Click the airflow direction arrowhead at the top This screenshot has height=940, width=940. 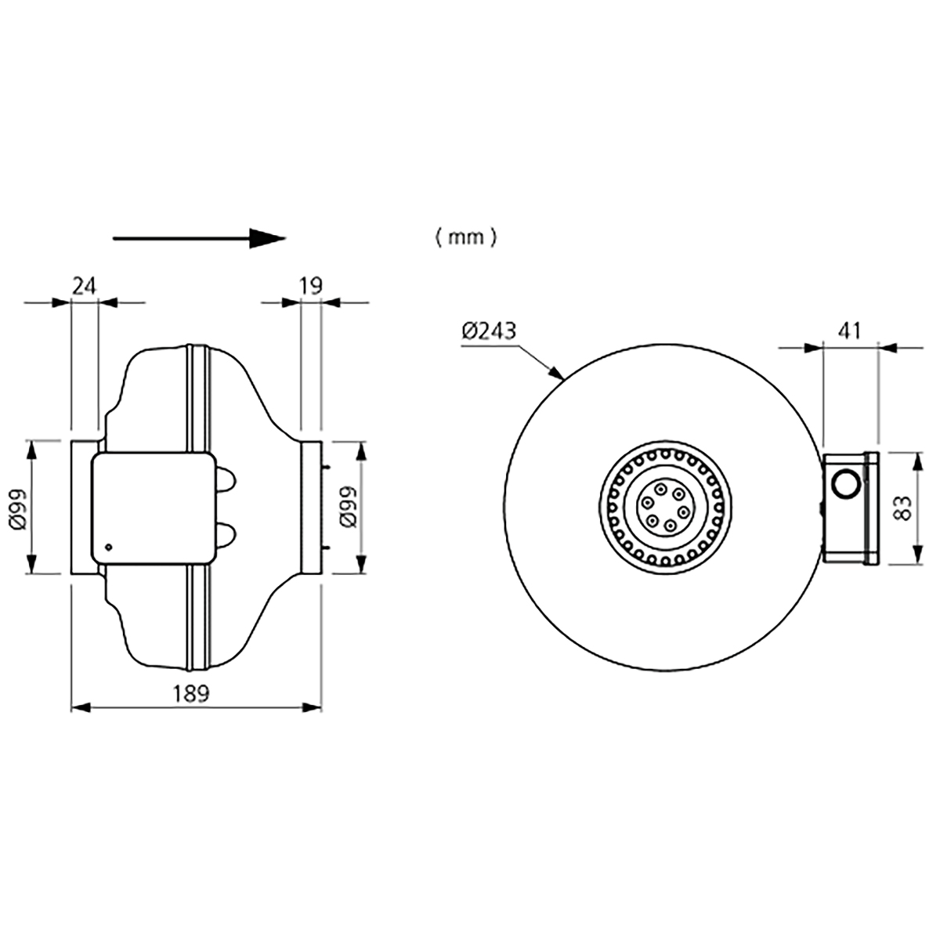[x=266, y=238]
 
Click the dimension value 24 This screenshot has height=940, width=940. [x=85, y=286]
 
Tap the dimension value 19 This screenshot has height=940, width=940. [x=311, y=286]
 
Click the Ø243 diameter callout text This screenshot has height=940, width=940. [x=489, y=332]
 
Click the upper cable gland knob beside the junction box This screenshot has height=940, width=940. [x=226, y=480]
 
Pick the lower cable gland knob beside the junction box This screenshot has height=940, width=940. [x=226, y=535]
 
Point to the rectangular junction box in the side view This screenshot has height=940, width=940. [x=153, y=508]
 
